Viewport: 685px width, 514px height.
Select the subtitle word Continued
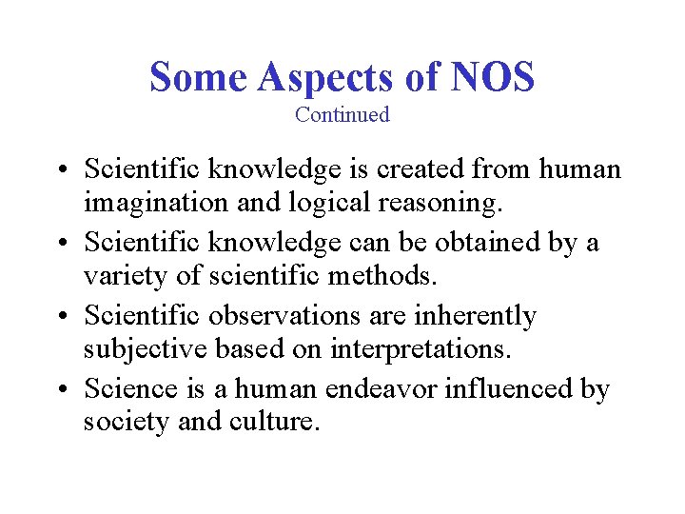[342, 115]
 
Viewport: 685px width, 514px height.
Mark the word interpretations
[421, 350]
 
